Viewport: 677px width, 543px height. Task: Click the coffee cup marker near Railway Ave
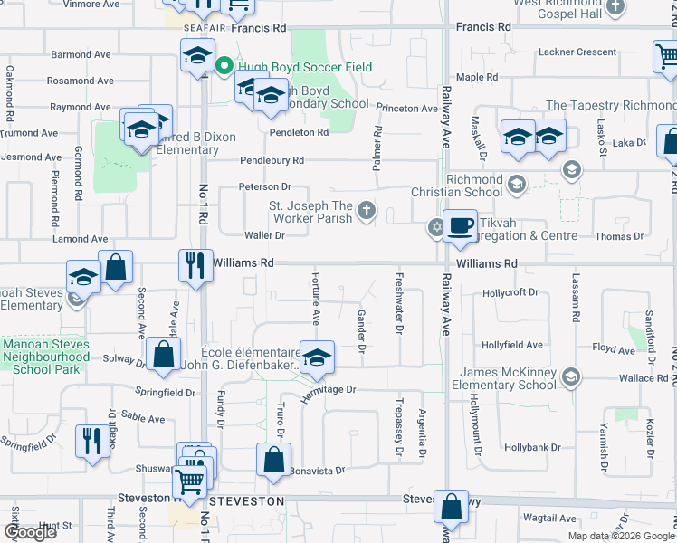461,225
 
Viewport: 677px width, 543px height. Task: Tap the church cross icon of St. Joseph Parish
367,211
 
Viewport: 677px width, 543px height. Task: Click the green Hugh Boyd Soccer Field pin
224,66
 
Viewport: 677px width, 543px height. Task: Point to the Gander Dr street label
361,330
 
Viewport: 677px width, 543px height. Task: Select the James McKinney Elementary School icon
570,376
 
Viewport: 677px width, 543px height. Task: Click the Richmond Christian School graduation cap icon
516,185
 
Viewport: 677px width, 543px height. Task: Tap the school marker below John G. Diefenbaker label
317,357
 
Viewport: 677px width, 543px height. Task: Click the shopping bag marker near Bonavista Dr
273,460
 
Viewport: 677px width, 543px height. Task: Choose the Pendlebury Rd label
272,160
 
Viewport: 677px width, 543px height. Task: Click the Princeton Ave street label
406,109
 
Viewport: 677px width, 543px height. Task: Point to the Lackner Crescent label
577,52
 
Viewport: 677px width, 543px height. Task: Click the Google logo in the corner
30,532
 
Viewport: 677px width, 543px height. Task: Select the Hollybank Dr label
533,447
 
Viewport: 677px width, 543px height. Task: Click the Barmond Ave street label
81,55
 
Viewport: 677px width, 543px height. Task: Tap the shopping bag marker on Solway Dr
164,356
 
